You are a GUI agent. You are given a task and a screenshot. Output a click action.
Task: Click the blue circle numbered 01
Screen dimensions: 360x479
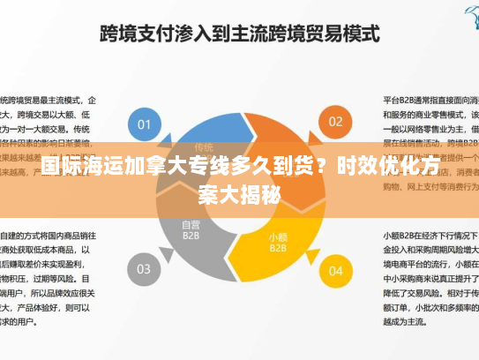142,122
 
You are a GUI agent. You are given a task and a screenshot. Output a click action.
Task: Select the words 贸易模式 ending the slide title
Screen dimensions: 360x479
345,35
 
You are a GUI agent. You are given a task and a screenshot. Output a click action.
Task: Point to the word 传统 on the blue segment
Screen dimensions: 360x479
204,146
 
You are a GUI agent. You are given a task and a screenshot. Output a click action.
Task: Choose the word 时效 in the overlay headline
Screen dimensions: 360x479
359,166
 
